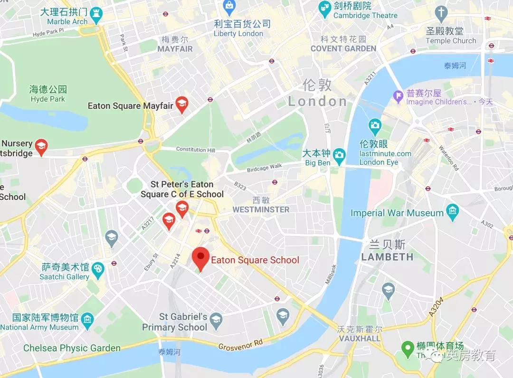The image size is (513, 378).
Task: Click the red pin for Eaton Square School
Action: pos(200,258)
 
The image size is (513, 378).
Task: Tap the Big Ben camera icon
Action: pos(339,154)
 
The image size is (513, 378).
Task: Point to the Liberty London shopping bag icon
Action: pos(230,6)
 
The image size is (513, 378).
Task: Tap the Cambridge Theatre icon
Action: pos(324,7)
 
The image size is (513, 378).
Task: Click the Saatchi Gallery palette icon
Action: pos(98,269)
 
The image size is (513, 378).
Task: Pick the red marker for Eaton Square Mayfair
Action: pos(181,104)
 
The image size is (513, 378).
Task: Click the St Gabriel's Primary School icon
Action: pos(216,319)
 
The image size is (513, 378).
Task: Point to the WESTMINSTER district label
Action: pos(261,209)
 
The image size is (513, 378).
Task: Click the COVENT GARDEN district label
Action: pos(343,48)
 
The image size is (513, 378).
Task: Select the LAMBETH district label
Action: pos(387,257)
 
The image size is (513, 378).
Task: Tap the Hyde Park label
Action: pos(47,99)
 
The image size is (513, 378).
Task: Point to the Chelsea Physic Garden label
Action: pos(72,348)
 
